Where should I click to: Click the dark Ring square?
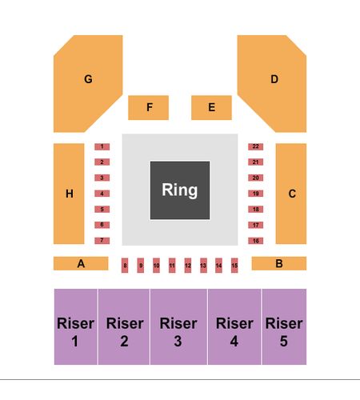tap(180, 190)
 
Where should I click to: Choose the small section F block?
tap(148, 108)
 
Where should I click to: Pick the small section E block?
tap(211, 108)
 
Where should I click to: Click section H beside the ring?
tap(69, 194)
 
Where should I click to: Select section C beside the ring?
tap(291, 194)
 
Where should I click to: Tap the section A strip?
tap(81, 263)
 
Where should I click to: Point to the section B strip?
tap(279, 263)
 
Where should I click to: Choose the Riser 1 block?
tap(76, 326)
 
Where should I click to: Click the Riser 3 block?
tap(178, 326)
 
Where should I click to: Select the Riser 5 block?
tap(284, 326)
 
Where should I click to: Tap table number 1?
tap(102, 146)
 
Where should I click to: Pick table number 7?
tap(102, 241)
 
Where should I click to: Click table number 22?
tap(256, 146)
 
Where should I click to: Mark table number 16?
tap(256, 241)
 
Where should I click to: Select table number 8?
tap(125, 266)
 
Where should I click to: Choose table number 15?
tap(234, 266)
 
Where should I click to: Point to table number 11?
tap(172, 266)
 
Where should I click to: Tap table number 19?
tap(256, 194)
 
